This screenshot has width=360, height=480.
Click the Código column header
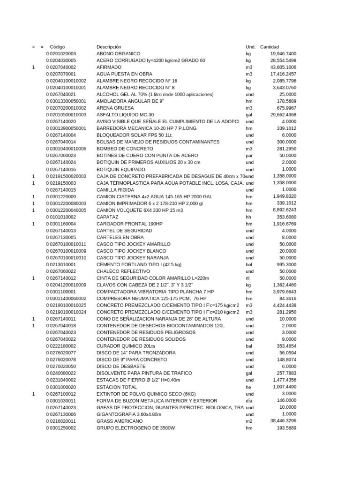point(58,47)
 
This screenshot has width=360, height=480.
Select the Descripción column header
point(109,47)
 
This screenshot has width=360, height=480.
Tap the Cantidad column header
point(270,47)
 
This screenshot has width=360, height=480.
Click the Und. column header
point(251,47)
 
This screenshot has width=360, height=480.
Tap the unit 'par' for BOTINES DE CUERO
point(249,156)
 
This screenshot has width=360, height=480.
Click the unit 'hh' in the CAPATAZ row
point(248,217)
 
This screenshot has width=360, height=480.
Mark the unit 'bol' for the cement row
point(249,264)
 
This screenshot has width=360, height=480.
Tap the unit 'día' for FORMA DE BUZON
point(249,401)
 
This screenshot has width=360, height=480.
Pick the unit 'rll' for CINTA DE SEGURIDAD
point(248,278)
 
